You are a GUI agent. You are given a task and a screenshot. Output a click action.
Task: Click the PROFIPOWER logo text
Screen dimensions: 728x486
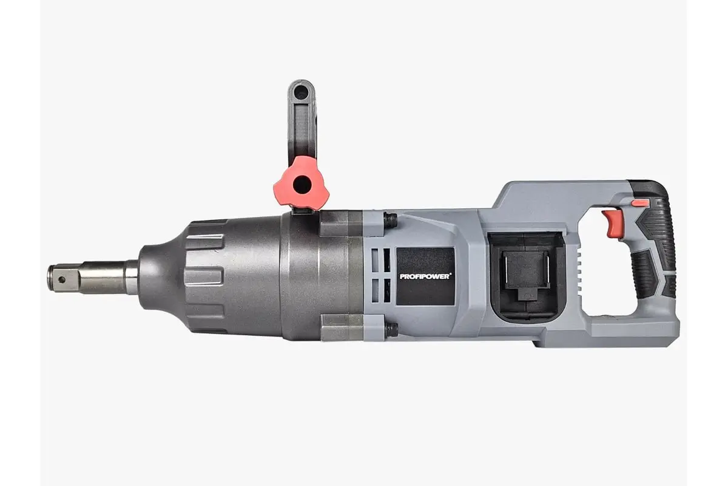(425, 276)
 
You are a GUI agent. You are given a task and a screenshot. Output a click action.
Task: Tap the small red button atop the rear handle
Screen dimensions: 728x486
(640, 203)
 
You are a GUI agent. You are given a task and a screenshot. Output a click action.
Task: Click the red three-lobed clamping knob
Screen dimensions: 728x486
(302, 183)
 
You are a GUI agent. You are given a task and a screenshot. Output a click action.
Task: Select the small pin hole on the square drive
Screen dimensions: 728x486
(61, 279)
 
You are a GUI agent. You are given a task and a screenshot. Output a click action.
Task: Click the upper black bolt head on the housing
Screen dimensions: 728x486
(390, 220)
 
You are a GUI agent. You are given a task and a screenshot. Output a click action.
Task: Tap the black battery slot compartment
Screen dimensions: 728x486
(527, 276)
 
